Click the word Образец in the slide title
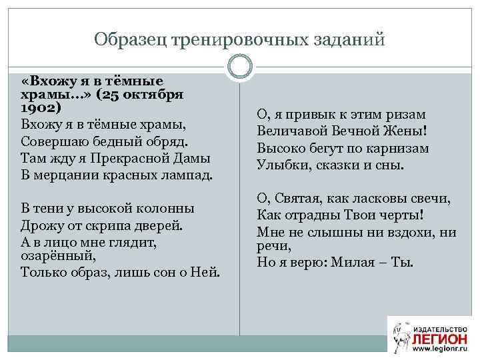point(131,40)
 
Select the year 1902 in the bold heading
point(41,107)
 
